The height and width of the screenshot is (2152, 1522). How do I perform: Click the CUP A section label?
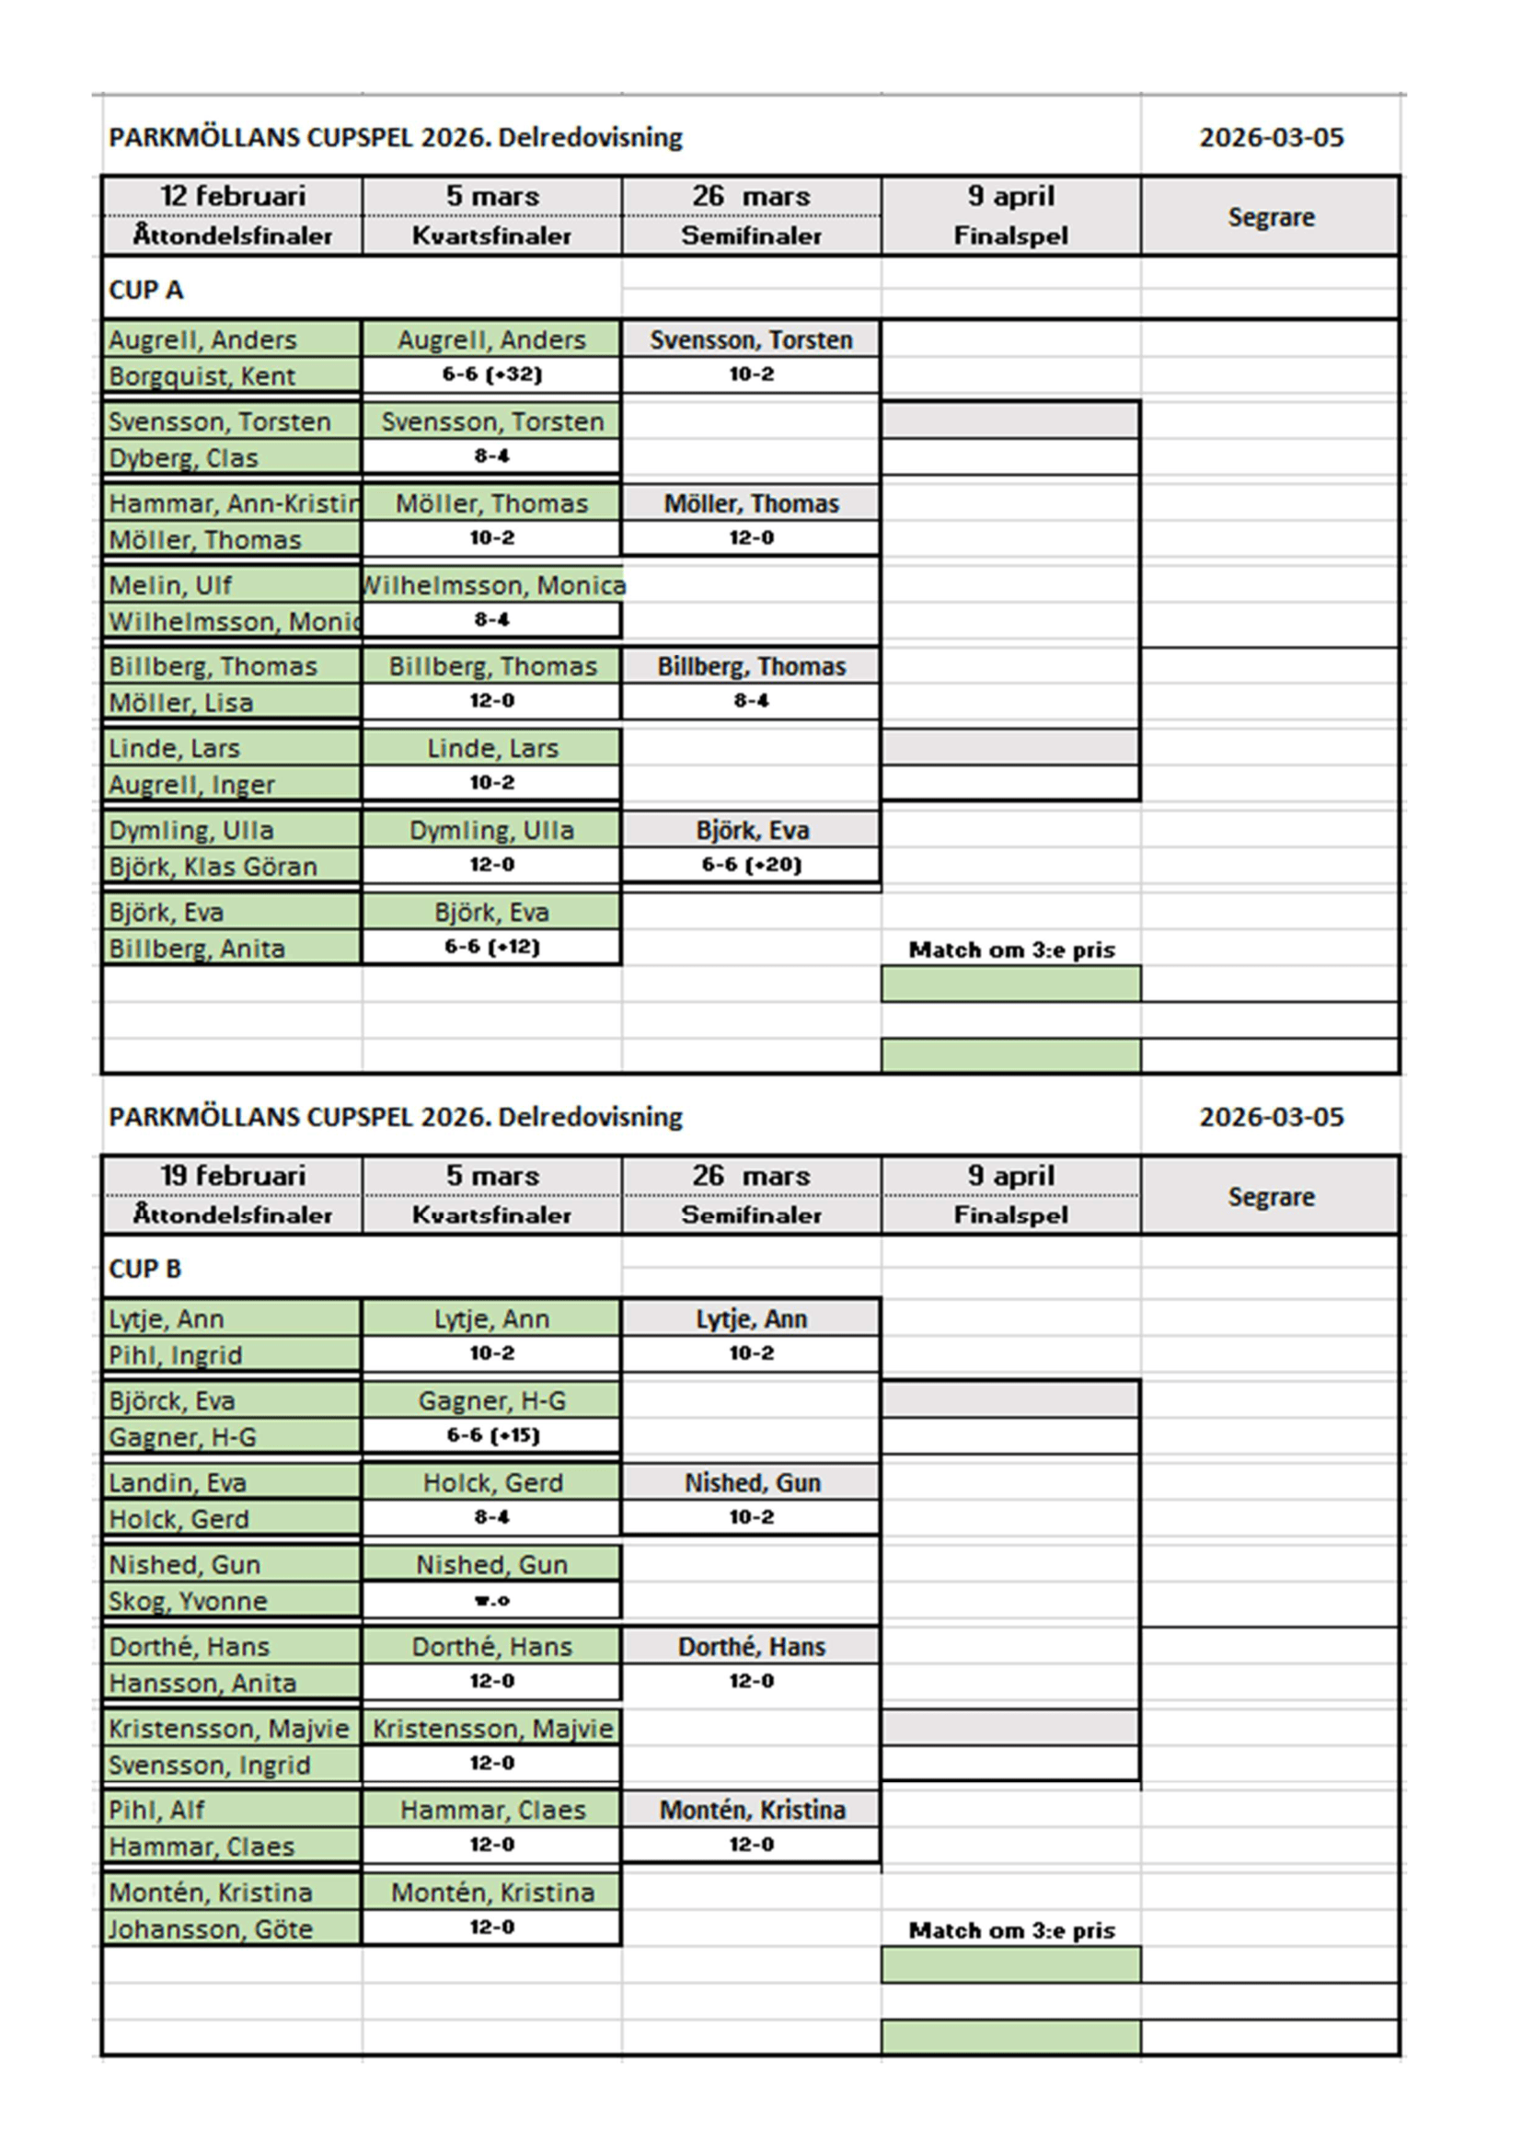pos(146,290)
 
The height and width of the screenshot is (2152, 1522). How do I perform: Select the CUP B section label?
pos(145,1268)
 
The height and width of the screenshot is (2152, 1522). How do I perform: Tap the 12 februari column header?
pos(233,196)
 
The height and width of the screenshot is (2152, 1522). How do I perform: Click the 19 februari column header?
pos(233,1175)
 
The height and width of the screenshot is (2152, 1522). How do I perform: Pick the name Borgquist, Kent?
pos(202,376)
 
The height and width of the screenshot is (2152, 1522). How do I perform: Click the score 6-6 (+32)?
pos(492,374)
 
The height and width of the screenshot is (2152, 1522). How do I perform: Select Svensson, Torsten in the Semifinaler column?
pos(751,339)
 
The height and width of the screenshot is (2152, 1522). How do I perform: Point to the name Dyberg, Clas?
pos(183,457)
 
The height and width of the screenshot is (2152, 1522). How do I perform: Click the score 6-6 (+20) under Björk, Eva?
pos(751,864)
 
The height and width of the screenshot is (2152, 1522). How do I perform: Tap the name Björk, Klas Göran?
pos(213,866)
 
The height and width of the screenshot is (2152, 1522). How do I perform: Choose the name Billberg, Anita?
pos(197,949)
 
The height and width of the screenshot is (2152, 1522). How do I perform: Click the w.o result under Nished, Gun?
pos(492,1600)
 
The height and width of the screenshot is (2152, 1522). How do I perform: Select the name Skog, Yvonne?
pos(188,1601)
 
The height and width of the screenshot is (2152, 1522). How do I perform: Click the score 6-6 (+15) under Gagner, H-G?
pos(492,1435)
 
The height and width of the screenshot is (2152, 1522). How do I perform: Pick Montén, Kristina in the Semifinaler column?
pos(752,1810)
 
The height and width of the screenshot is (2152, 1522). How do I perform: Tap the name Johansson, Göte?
pos(210,1929)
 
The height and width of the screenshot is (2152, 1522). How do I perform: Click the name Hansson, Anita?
pos(202,1683)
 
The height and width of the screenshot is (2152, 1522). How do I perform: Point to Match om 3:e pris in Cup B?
pos(1011,1930)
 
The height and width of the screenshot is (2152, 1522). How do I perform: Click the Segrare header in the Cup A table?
pos(1271,216)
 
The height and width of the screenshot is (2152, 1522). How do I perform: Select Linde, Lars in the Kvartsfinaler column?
pos(492,748)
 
